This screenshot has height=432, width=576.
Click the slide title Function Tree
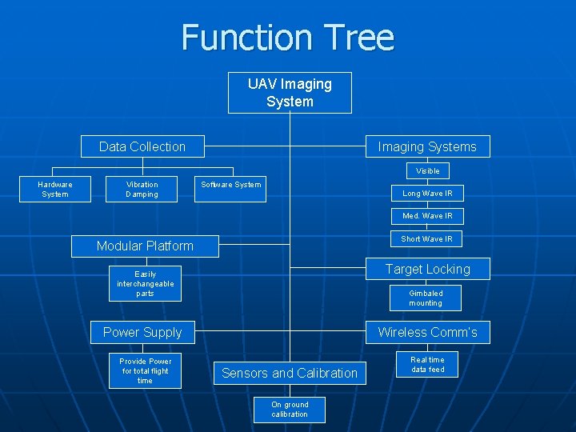point(288,38)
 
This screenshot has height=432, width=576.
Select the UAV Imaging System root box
point(290,93)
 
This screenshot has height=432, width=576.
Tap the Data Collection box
point(142,146)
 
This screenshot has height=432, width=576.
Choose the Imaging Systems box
point(427,146)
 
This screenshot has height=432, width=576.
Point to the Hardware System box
point(55,190)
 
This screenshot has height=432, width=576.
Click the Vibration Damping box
point(142,190)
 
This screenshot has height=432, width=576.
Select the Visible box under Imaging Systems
point(427,170)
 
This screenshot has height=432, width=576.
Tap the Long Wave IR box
point(427,193)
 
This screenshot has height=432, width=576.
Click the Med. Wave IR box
point(427,216)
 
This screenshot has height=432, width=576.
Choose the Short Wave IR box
point(427,238)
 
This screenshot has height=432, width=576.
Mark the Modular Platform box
point(145,246)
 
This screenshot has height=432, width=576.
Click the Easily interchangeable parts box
point(145,284)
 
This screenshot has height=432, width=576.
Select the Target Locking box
point(427,269)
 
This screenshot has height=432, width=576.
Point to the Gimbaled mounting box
point(425,298)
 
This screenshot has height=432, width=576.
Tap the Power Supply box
point(142,332)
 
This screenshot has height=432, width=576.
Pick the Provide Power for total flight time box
point(145,370)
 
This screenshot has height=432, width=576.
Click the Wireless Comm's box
point(427,332)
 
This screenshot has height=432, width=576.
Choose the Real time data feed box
point(427,365)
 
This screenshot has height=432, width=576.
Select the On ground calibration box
point(290,410)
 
